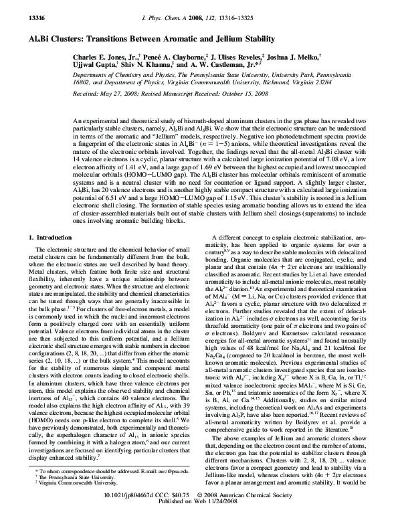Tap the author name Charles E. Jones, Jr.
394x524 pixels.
pyautogui.click(x=102, y=58)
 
